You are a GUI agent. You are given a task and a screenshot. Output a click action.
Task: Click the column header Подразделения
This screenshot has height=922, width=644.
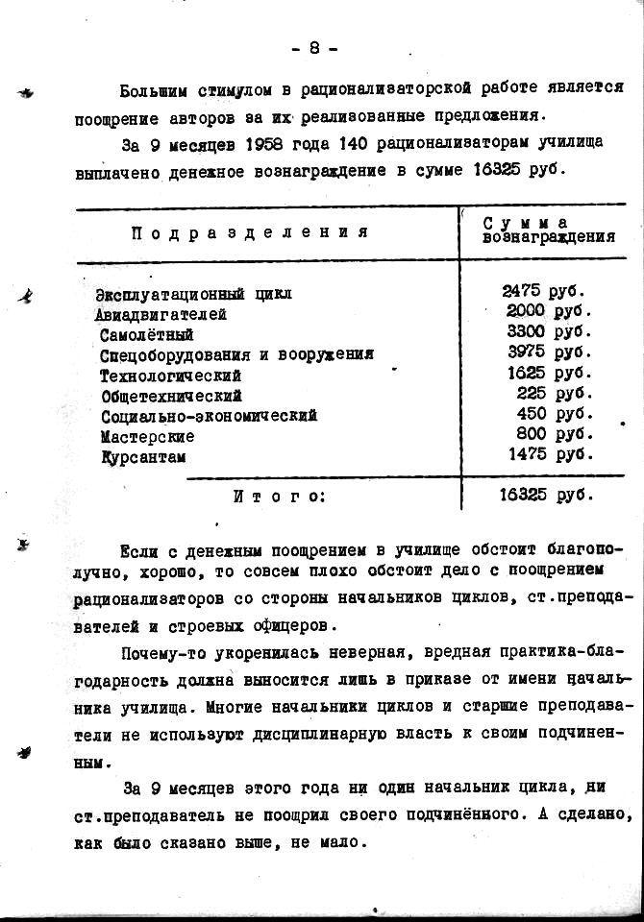coord(250,232)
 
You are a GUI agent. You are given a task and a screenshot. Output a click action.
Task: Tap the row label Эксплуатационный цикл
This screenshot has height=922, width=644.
coord(193,293)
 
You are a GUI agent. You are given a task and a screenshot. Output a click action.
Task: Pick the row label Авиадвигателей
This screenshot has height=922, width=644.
coord(161,314)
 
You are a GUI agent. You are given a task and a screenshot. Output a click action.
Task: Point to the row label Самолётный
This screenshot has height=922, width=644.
coord(146,335)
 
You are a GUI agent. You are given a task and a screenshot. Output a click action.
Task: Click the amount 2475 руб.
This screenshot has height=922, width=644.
coord(544,291)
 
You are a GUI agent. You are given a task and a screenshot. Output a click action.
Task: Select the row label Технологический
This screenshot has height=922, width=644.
coord(170,376)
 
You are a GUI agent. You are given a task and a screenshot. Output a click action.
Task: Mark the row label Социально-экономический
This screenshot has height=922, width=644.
coord(209,416)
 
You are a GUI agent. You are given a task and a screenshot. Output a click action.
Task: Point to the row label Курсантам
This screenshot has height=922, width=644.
coord(142,457)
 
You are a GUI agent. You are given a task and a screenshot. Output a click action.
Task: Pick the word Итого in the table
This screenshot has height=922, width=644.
coord(279,497)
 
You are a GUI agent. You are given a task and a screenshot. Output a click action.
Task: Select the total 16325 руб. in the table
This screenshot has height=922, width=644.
coord(545,496)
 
